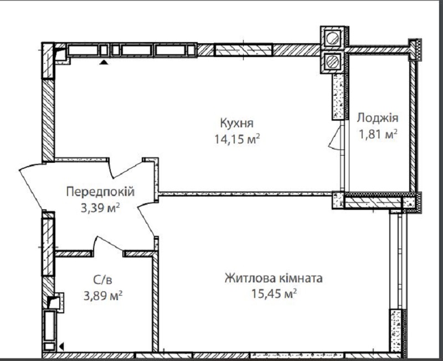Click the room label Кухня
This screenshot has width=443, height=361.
point(236,123)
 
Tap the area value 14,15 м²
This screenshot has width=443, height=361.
point(237,139)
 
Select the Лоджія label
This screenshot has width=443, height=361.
point(378,118)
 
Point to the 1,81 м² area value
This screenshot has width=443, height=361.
point(378,134)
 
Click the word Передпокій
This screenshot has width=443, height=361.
point(100,192)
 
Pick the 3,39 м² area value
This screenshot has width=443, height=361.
point(100,208)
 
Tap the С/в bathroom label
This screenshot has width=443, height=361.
point(102,280)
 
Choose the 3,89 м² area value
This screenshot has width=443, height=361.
point(103,296)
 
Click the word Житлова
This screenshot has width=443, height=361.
point(250,279)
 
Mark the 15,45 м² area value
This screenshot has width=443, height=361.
point(274,294)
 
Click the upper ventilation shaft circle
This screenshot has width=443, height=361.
point(332,38)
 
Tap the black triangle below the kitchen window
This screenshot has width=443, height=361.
point(104,62)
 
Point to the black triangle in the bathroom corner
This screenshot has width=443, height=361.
point(61,346)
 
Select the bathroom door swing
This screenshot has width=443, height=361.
point(109,243)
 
